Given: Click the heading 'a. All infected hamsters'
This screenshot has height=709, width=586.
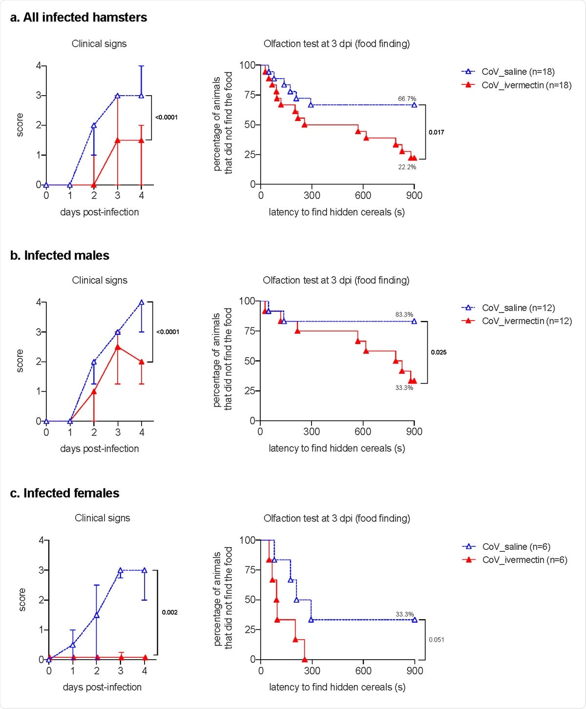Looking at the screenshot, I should pos(78,18).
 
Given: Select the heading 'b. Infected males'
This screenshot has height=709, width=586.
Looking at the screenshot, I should pos(60,255).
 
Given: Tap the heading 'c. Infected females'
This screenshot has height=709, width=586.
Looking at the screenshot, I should pos(64,493).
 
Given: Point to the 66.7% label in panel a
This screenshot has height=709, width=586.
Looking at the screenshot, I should pos(407,99).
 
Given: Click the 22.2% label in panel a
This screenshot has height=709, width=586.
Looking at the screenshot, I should pos(407,167).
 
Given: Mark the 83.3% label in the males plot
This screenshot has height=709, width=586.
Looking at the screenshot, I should pos(404,315).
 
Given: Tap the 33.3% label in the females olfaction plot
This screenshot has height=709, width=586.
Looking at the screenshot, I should pos(405,614).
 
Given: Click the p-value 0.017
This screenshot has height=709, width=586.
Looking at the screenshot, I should pos(436,132).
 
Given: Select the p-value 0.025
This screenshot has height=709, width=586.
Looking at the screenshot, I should pos(438,352).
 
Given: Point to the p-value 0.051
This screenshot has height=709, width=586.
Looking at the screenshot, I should pos(436,640).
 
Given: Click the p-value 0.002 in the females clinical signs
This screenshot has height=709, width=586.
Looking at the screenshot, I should pos(169,612).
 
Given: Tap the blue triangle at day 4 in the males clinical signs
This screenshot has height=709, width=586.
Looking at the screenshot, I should pos(142,303).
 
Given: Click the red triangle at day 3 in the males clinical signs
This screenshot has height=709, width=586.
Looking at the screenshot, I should pos(118,347).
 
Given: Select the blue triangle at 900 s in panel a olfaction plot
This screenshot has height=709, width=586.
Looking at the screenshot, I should pos(414,105).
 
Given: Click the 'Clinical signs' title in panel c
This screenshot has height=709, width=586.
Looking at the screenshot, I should pos(102,518).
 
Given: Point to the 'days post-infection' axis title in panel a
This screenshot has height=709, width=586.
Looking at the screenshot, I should pos(99,212).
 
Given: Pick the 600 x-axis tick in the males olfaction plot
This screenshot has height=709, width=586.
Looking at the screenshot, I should pos(362,432).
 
